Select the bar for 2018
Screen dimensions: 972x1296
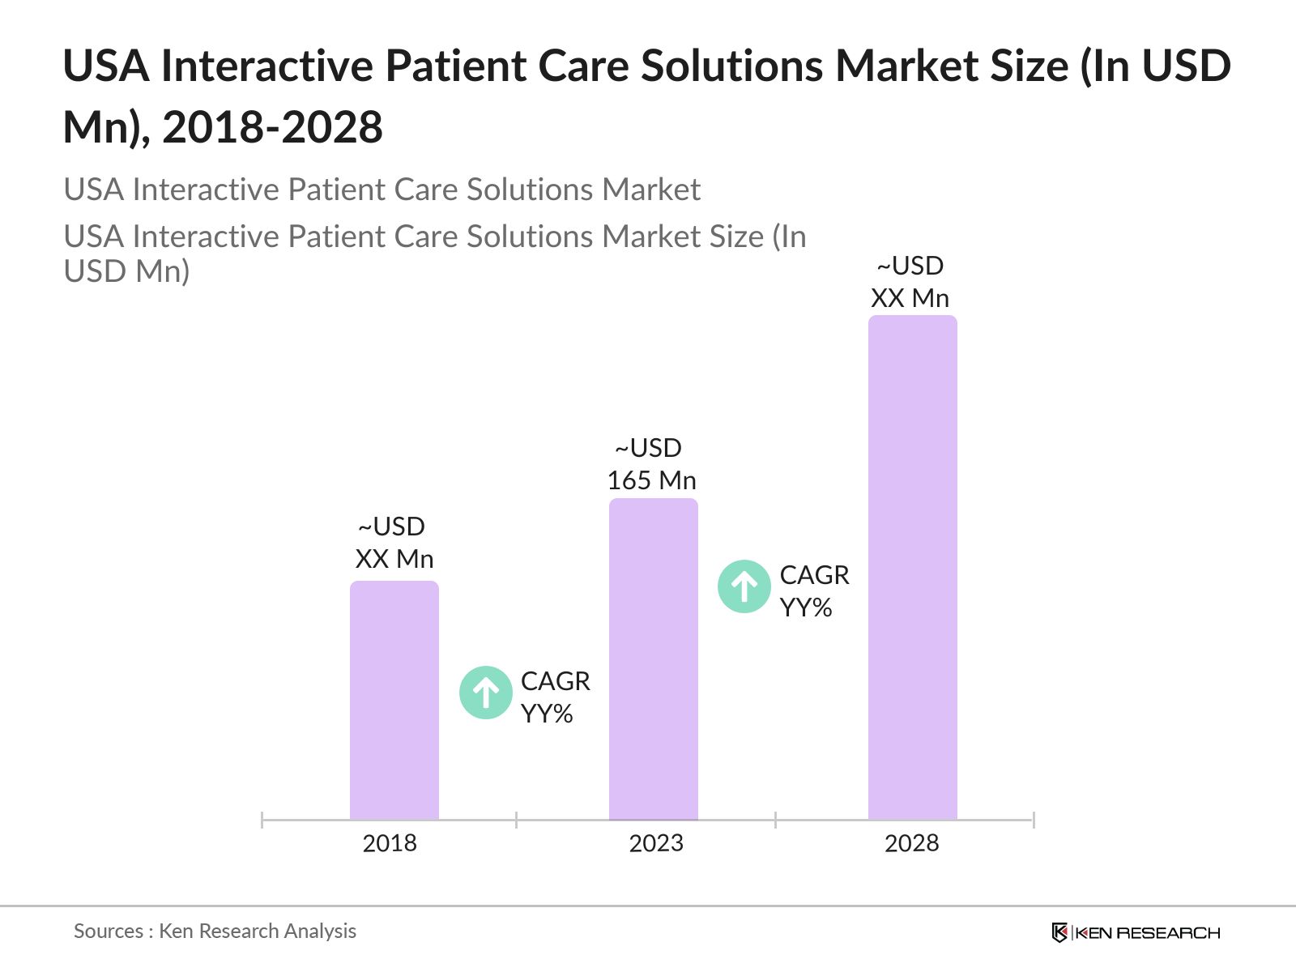coord(394,701)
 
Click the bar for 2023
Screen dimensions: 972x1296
coord(653,659)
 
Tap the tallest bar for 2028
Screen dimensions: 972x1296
coord(912,568)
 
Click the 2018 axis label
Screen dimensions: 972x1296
coord(390,843)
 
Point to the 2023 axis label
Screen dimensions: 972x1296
coord(656,843)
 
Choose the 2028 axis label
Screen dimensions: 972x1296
coord(911,843)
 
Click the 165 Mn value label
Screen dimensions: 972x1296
coord(651,480)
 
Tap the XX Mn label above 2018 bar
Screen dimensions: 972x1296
coord(394,559)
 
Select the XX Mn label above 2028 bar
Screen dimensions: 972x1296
coord(910,298)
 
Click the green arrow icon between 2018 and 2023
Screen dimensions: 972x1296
coord(486,693)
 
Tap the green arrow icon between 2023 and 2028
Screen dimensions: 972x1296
coord(744,586)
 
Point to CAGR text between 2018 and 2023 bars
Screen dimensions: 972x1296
coord(555,681)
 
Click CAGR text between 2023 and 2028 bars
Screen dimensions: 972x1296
coord(814,575)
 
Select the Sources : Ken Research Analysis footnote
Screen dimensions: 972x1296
coord(215,931)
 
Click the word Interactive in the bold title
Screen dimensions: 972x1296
coord(267,66)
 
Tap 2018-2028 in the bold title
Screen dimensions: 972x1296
coord(272,128)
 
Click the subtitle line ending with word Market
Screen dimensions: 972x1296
coord(382,190)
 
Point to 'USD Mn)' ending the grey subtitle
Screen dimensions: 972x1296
coord(127,271)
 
